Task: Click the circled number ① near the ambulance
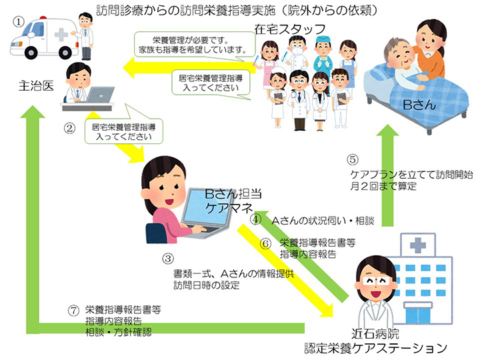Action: pyautogui.click(x=19, y=22)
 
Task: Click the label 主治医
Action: pyautogui.click(x=37, y=86)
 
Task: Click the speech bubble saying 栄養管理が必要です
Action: pyautogui.click(x=195, y=45)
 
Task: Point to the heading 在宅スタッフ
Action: pyautogui.click(x=289, y=29)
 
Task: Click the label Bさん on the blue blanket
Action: pyautogui.click(x=419, y=105)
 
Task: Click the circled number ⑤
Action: pyautogui.click(x=353, y=159)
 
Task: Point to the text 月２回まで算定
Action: pyautogui.click(x=383, y=186)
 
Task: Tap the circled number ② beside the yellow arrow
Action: pyautogui.click(x=69, y=128)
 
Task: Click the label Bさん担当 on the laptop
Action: pyautogui.click(x=233, y=194)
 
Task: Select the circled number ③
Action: pyautogui.click(x=168, y=259)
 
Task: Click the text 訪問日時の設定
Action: pyautogui.click(x=206, y=285)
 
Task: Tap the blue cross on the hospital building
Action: pyautogui.click(x=418, y=245)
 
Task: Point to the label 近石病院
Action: pyautogui.click(x=375, y=333)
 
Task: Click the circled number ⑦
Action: pyautogui.click(x=73, y=311)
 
